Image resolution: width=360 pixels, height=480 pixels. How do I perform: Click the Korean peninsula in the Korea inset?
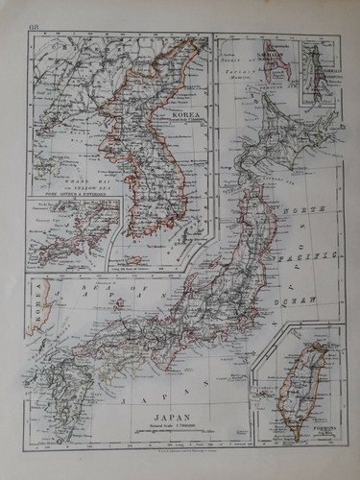pyautogui.click(x=144, y=163)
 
